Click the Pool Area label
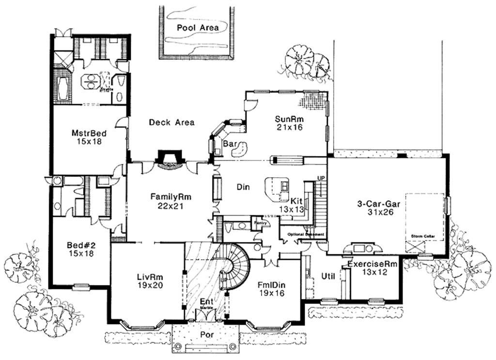tap(197, 28)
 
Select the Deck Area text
tap(171, 122)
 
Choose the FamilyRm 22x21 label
tap(171, 201)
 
